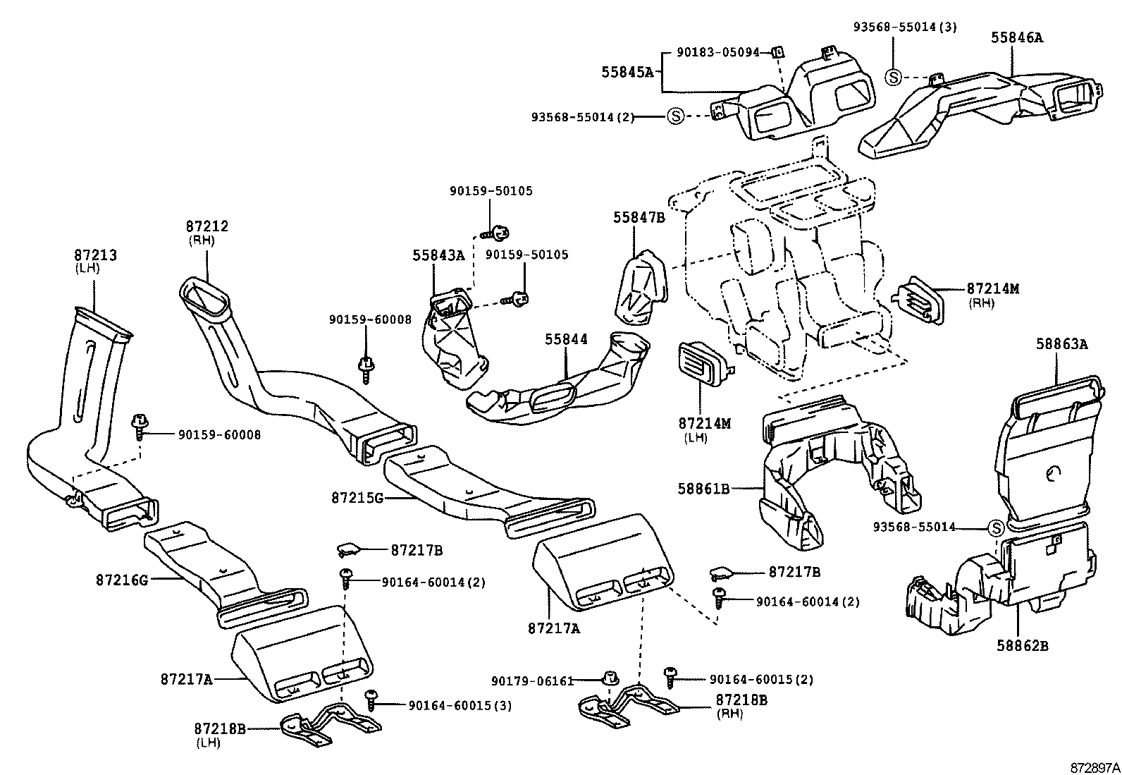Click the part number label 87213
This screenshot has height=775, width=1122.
point(96,255)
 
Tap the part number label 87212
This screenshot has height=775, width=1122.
point(207,226)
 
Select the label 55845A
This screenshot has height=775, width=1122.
point(627,72)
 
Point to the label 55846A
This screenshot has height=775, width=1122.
point(1016,38)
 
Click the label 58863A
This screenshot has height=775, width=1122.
point(1061,344)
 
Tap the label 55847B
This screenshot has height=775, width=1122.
point(639,218)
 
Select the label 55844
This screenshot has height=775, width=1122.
point(565,340)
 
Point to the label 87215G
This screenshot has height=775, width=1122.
point(357,498)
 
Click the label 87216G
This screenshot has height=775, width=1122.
point(122,580)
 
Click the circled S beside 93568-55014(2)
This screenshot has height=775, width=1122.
point(675,116)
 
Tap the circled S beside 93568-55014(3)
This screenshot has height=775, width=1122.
point(893,77)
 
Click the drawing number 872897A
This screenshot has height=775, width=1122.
point(1095,767)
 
